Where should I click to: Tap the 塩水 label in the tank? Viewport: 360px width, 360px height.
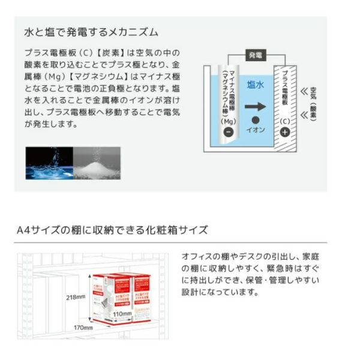[x=256, y=85]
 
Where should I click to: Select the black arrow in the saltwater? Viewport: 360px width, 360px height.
[x=255, y=107]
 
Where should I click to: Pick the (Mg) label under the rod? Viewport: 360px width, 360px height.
[x=227, y=121]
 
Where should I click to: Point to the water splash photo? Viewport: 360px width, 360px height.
[x=49, y=161]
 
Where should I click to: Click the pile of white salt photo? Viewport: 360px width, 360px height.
[x=97, y=161]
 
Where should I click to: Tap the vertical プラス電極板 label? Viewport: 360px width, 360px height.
[x=284, y=90]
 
